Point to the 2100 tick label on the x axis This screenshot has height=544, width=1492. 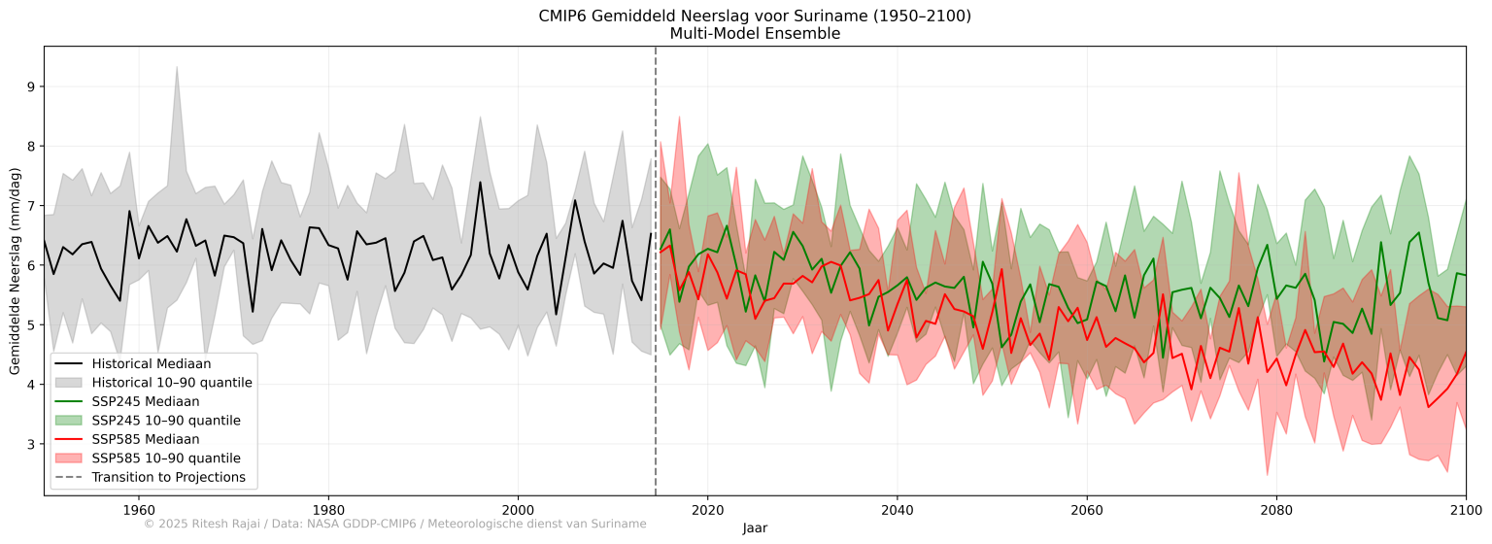click(1465, 510)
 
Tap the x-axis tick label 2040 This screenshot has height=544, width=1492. click(897, 510)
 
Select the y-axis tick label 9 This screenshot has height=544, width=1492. click(30, 86)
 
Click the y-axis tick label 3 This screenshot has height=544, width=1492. click(30, 445)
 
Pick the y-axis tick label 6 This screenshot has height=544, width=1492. click(30, 265)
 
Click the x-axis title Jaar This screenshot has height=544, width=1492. click(755, 527)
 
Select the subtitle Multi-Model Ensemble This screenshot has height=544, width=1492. click(755, 33)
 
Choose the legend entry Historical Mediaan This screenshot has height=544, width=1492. click(151, 363)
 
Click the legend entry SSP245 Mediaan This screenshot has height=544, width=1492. click(146, 401)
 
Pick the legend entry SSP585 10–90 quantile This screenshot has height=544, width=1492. click(166, 458)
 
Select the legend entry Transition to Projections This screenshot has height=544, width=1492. click(168, 477)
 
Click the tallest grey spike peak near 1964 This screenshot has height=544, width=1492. click(176, 66)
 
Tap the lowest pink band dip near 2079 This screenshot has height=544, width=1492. click(1267, 475)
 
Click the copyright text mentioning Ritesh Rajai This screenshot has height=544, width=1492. click(394, 525)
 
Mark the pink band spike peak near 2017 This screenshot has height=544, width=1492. click(678, 117)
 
